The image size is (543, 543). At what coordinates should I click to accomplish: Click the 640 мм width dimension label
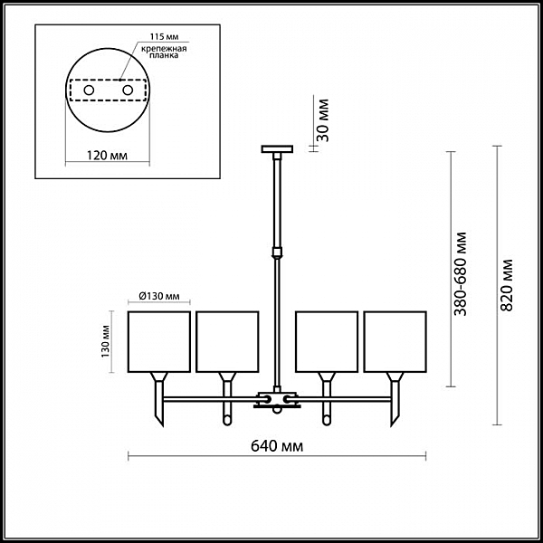(x=277, y=446)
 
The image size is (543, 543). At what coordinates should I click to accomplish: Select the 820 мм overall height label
(x=507, y=285)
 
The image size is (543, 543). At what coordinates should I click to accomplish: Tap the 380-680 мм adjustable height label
(x=461, y=274)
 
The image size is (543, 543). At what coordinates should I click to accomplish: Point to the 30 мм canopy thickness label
(x=323, y=120)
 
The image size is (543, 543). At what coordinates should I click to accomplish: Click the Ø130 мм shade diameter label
(x=159, y=296)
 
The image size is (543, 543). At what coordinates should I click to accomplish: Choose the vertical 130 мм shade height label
(x=106, y=342)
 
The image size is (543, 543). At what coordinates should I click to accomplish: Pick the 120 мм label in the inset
(x=107, y=156)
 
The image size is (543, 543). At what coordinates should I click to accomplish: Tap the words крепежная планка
(x=164, y=52)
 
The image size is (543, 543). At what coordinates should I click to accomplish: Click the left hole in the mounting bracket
(x=89, y=90)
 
